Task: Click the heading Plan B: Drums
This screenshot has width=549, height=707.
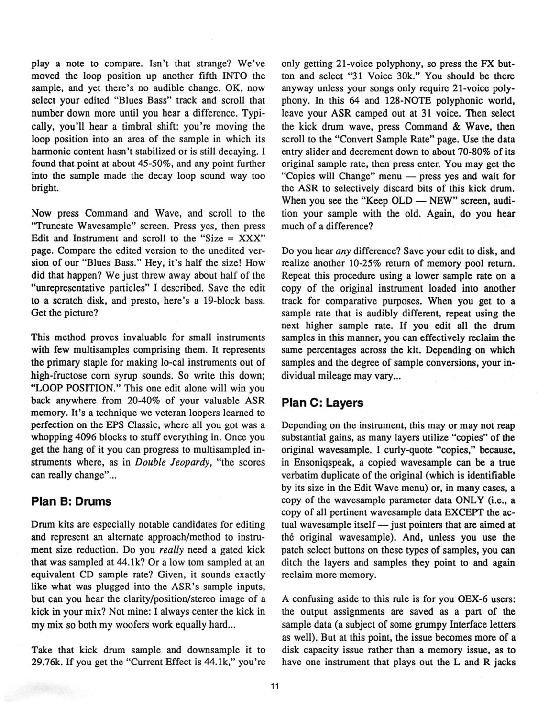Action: click(x=71, y=501)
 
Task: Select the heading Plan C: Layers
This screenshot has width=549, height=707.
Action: click(x=322, y=403)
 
